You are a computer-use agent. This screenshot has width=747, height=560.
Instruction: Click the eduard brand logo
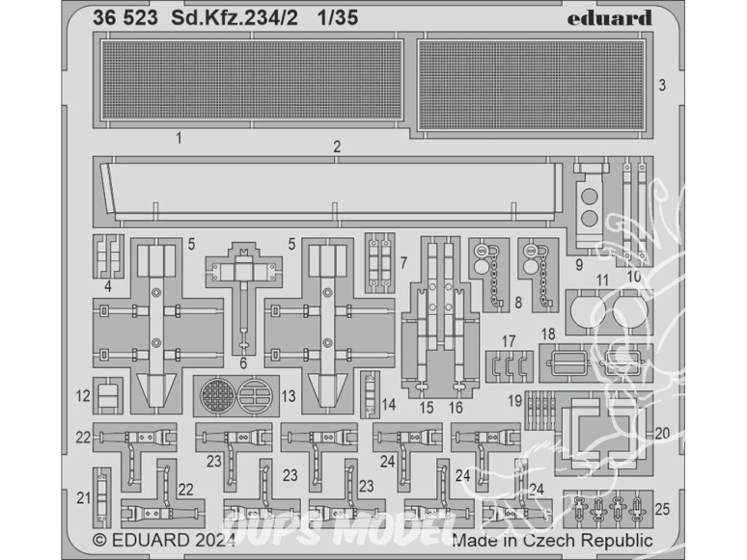(x=610, y=18)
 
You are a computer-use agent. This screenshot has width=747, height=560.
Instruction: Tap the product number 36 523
(x=124, y=18)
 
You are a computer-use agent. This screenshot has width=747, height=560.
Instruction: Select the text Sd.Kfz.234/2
(x=235, y=18)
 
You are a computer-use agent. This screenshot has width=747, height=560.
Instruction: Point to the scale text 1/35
(x=338, y=18)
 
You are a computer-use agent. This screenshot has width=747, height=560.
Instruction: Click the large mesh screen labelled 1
(x=252, y=79)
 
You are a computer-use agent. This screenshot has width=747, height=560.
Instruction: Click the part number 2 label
(x=337, y=147)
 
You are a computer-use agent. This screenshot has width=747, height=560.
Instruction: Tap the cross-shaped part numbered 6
(x=243, y=299)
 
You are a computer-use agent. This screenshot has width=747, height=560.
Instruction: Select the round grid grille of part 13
(x=218, y=396)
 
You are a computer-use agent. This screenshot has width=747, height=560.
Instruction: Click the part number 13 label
(x=289, y=396)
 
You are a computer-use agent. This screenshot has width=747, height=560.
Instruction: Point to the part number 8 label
(x=518, y=303)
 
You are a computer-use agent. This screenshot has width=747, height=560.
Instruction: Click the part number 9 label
(x=579, y=264)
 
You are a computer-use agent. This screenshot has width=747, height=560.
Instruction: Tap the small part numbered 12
(x=108, y=396)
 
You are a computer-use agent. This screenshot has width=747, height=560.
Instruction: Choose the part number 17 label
(x=509, y=341)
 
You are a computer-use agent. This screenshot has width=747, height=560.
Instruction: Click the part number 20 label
(x=662, y=434)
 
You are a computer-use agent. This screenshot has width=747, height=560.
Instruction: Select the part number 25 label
(x=662, y=509)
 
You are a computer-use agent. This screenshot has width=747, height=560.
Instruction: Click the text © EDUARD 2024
(x=164, y=541)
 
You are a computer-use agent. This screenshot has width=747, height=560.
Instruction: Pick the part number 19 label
(x=514, y=401)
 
